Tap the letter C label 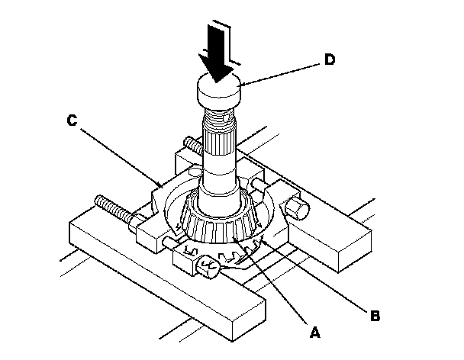(71, 121)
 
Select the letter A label (314, 333)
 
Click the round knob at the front (207, 267)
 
